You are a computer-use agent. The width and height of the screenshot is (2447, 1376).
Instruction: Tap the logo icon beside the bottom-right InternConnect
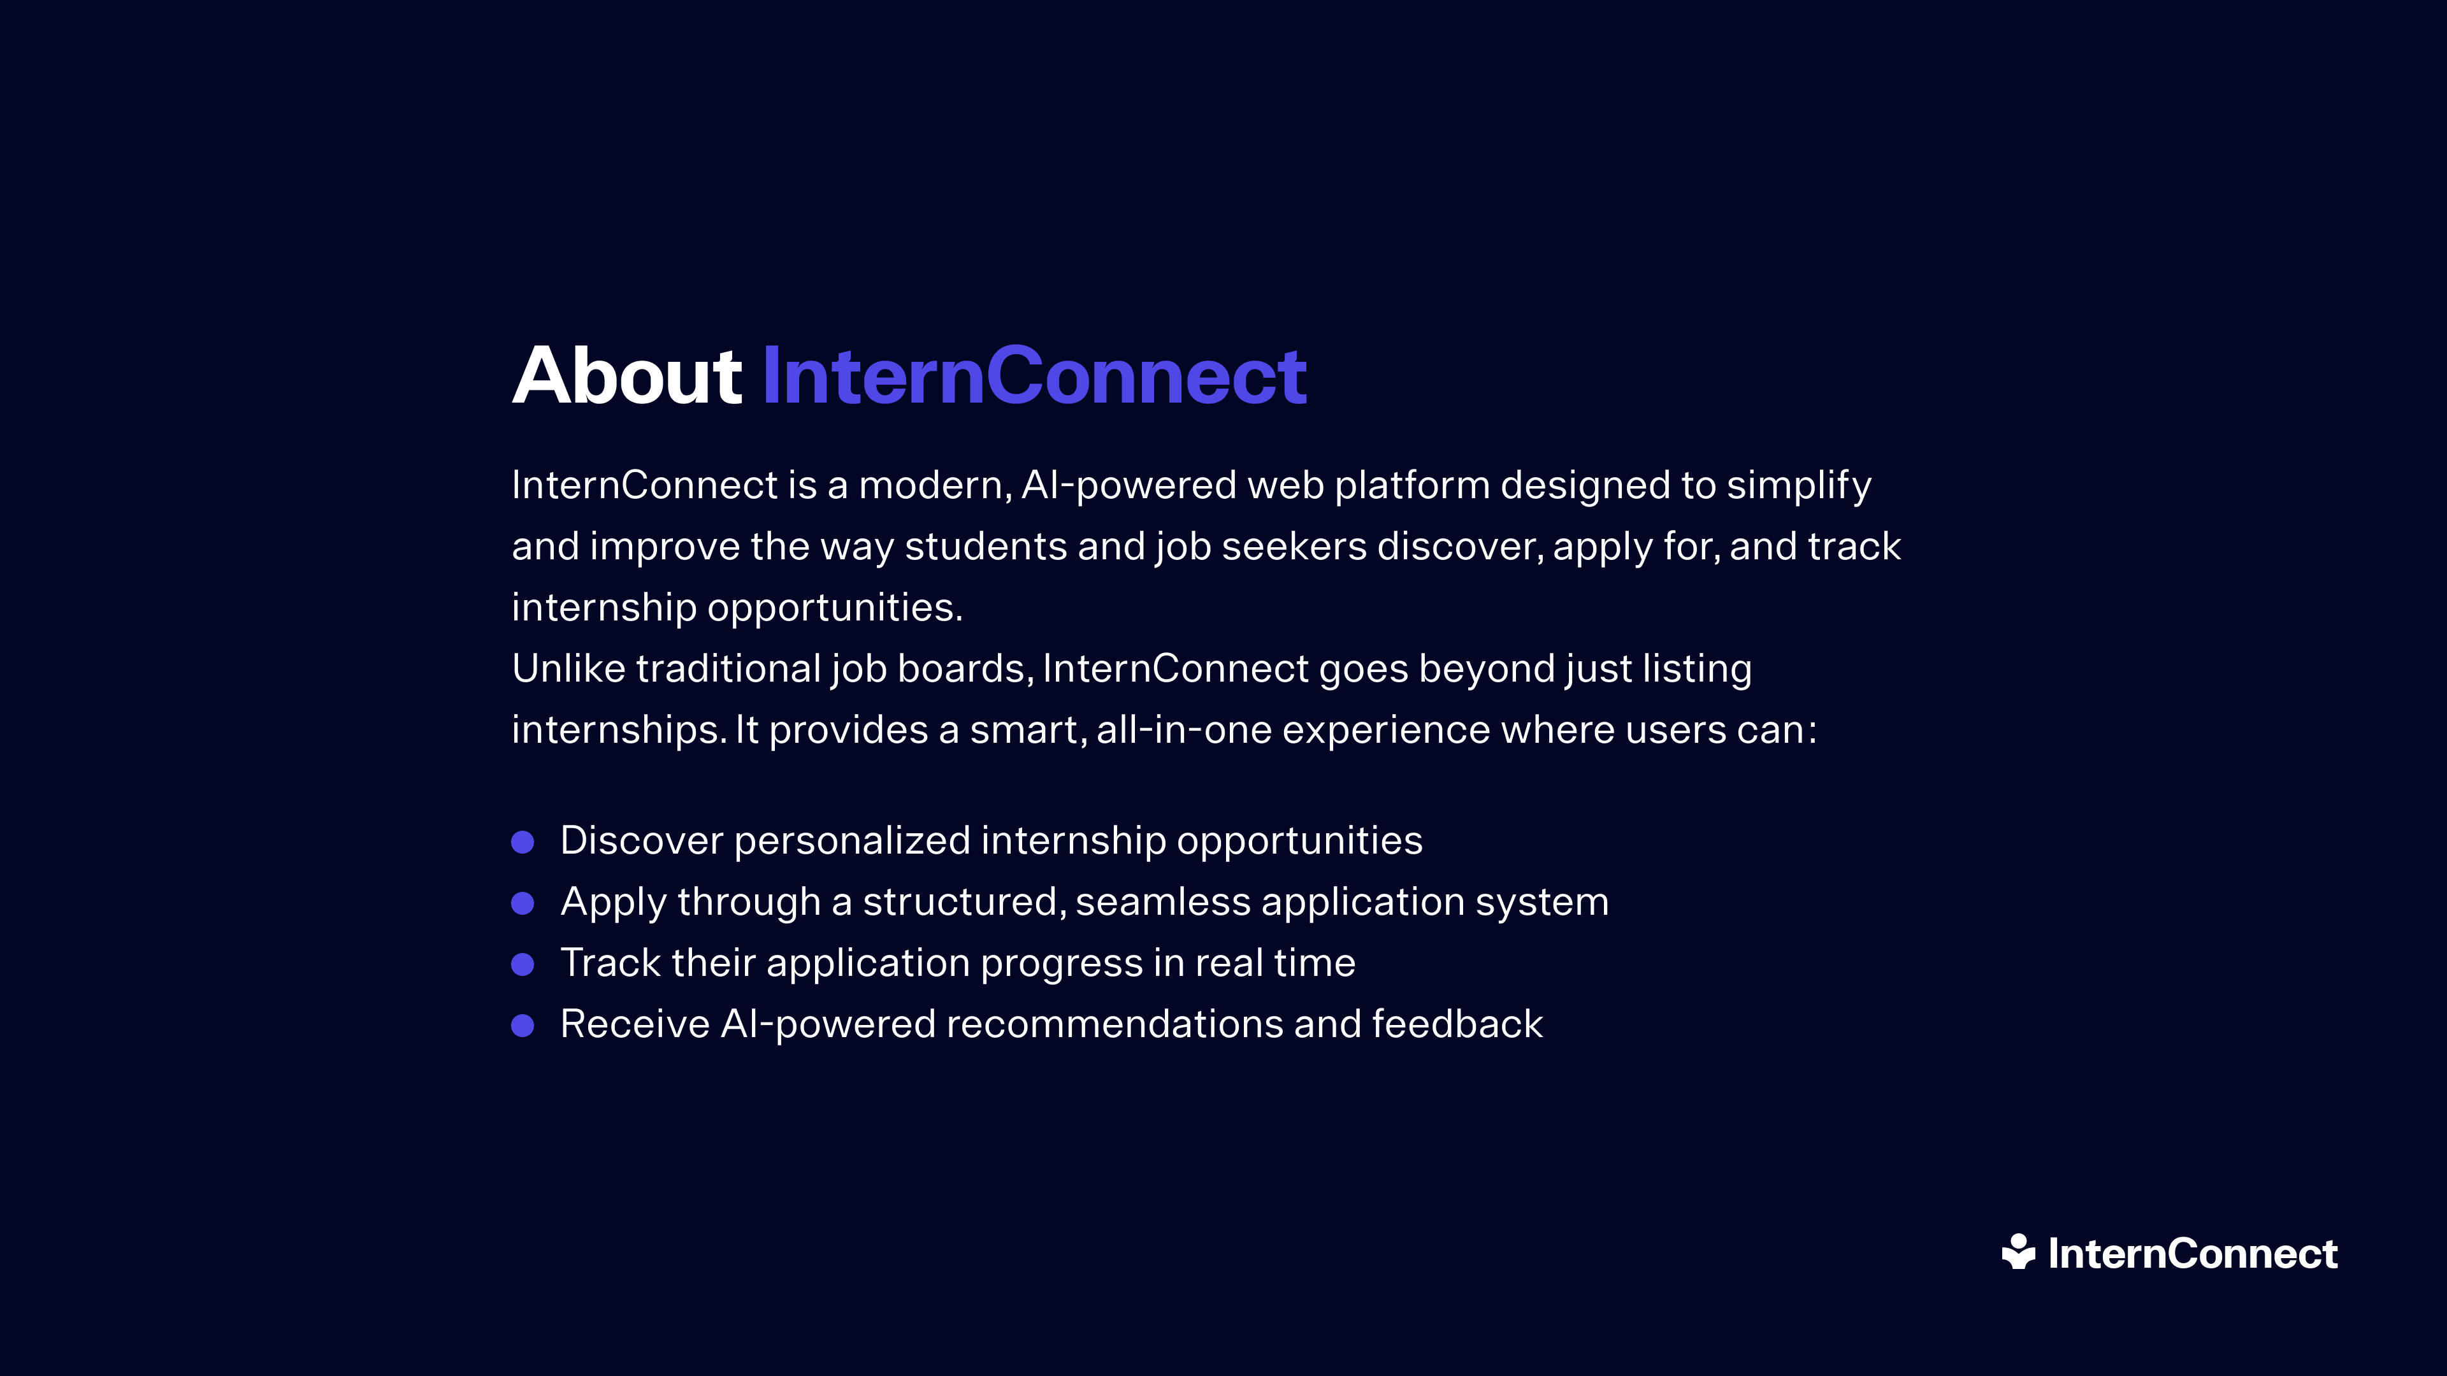coord(2019,1252)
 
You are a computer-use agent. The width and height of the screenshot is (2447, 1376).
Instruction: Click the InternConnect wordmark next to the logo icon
coord(2192,1254)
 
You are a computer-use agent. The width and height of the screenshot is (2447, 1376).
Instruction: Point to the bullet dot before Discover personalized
coord(523,842)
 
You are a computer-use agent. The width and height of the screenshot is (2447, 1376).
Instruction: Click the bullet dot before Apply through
coord(523,903)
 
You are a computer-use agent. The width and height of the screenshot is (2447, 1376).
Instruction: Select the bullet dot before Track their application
coord(523,965)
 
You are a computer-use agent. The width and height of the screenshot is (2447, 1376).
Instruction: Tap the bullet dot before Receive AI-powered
coord(523,1026)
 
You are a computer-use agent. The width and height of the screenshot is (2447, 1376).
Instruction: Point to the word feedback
coord(1457,1024)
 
